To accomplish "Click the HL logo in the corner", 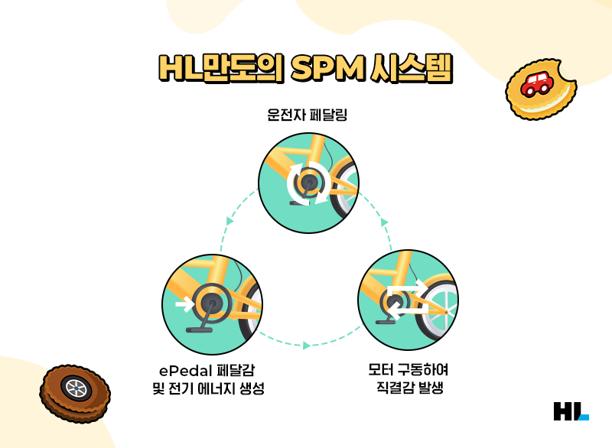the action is click(571, 411).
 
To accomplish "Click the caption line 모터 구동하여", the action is click(408, 371).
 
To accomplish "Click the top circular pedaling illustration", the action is click(308, 181).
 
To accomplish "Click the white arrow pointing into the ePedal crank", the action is click(184, 304).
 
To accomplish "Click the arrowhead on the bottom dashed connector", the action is click(306, 346).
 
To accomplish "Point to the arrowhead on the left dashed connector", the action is click(229, 221).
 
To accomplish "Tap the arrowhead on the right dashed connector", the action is click(384, 222).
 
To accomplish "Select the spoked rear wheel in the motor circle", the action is click(441, 309).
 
